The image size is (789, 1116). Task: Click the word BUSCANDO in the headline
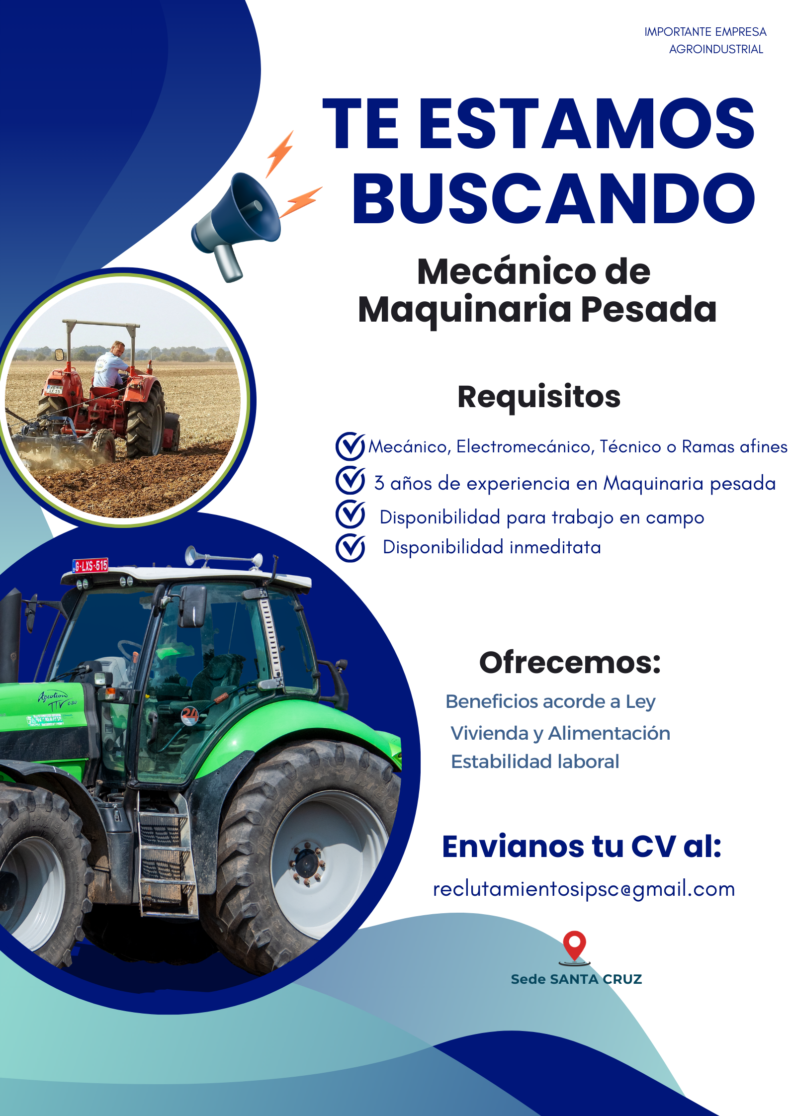coord(553,198)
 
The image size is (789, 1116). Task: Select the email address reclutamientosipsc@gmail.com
coord(584,889)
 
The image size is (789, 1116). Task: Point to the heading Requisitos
coord(539,397)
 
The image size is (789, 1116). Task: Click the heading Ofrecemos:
coord(570,663)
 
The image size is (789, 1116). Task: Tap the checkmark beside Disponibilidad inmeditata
coord(351,548)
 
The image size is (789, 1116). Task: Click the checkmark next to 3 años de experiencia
coord(351,480)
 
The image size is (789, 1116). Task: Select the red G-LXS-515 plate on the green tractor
coord(90,566)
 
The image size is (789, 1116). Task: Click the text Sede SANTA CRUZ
coord(576,979)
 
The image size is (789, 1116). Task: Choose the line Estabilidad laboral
coord(535,762)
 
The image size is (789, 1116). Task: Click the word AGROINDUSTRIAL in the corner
coord(716,49)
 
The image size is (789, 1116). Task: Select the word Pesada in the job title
coord(649,309)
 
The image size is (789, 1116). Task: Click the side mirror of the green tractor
coord(193,606)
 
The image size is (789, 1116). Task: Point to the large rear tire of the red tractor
coord(146,420)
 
